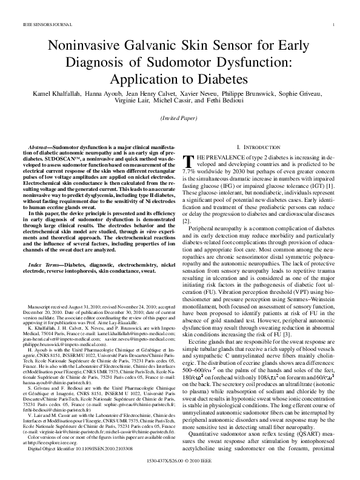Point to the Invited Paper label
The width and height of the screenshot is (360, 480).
click(180, 120)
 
